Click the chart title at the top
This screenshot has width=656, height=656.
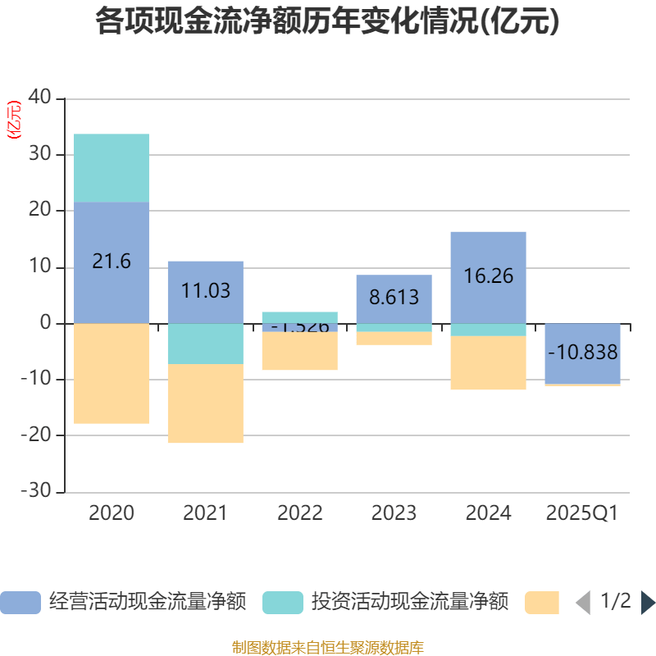[327, 22]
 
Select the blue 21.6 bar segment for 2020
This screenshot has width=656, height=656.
[112, 262]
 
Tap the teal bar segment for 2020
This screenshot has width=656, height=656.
[112, 168]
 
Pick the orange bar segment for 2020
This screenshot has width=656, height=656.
[112, 374]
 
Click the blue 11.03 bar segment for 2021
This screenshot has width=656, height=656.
[206, 291]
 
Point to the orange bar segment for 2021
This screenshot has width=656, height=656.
[206, 403]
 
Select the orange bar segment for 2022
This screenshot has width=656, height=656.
[300, 351]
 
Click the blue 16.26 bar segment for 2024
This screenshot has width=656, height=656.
[488, 277]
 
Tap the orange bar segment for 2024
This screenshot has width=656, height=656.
[488, 363]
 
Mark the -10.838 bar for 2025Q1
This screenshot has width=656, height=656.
[582, 353]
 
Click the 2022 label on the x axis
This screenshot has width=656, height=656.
[300, 513]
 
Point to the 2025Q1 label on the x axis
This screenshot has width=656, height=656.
[582, 513]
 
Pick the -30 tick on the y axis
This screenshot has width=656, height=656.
[38, 492]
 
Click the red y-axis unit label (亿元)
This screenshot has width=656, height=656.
[14, 121]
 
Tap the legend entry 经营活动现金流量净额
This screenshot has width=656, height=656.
[123, 603]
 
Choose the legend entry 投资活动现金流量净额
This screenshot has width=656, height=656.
[385, 603]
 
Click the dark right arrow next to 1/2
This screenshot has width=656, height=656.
[648, 603]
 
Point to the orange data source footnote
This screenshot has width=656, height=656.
[327, 648]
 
